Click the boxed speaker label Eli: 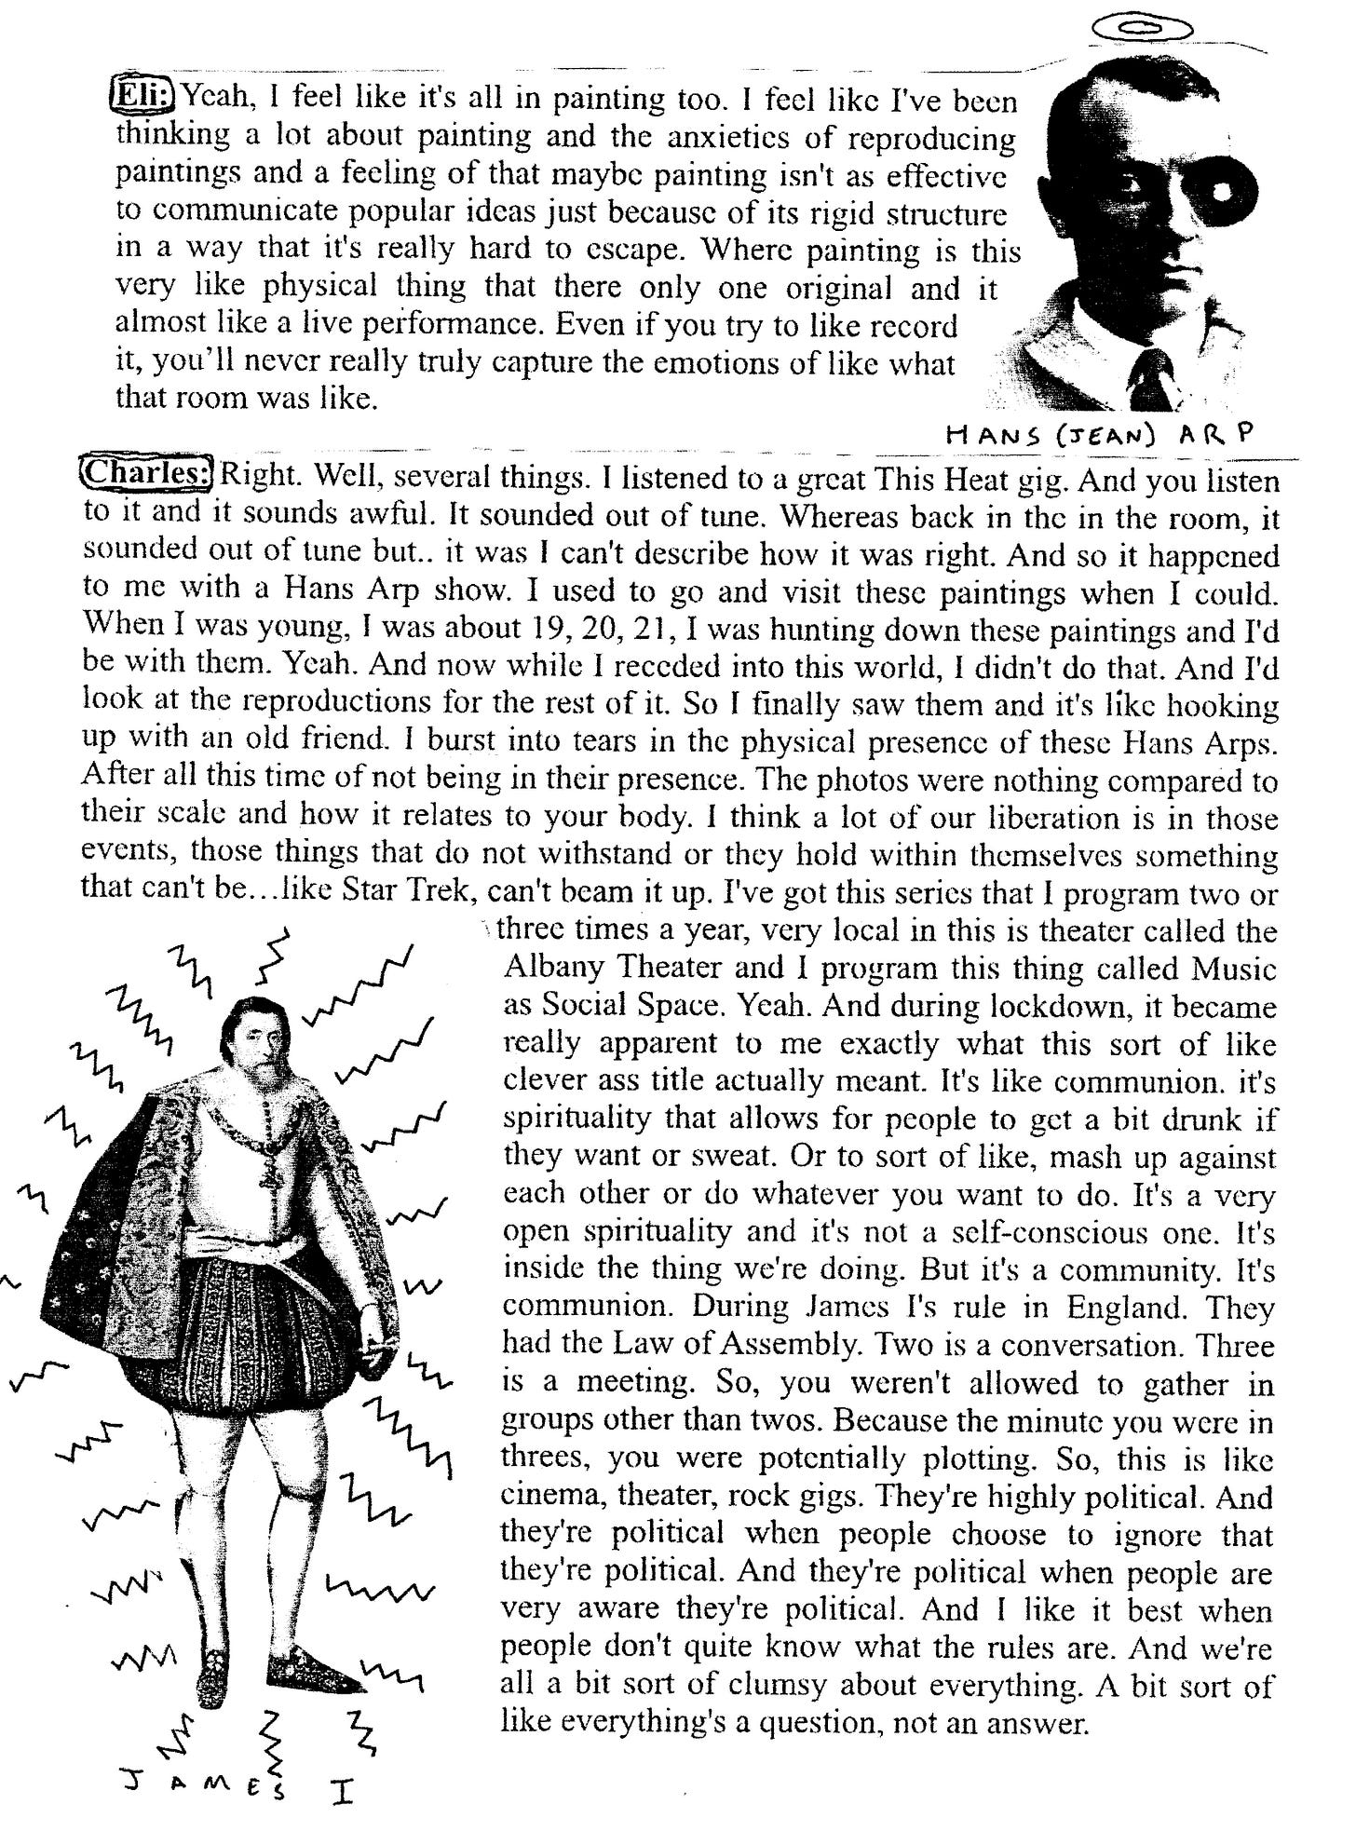[x=145, y=96]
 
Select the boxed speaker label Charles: [x=148, y=474]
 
